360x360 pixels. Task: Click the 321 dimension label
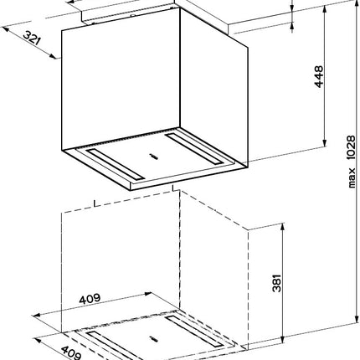click(x=32, y=38)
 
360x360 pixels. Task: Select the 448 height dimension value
click(x=318, y=77)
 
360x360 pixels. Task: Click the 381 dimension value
click(x=276, y=283)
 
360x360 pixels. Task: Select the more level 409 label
click(x=90, y=299)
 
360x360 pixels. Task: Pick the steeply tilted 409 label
click(x=71, y=352)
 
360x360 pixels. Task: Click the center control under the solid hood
click(x=153, y=157)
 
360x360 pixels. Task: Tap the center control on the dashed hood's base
click(x=153, y=339)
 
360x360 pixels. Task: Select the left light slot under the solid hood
click(x=115, y=164)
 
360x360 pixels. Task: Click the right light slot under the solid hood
click(x=194, y=149)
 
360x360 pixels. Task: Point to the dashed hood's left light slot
click(x=115, y=346)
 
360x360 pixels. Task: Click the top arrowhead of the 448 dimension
click(x=324, y=8)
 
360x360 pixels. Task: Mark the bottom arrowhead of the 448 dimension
click(x=324, y=143)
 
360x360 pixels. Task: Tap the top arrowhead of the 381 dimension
click(x=283, y=226)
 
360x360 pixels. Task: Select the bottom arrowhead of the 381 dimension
click(x=283, y=340)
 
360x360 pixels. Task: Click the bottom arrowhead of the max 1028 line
click(x=357, y=320)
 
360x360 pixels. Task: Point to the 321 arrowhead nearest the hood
click(x=54, y=57)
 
